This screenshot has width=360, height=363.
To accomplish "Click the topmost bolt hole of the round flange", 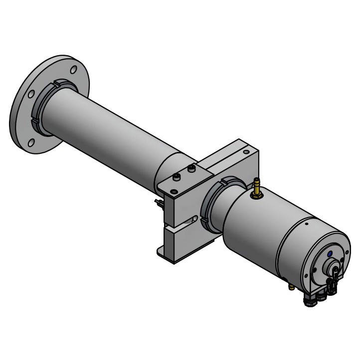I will (73, 70).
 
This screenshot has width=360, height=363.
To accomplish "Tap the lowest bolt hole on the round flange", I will (31, 143).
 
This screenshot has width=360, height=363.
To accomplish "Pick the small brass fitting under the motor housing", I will (291, 287).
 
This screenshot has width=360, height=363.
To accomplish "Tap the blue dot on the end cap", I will (329, 254).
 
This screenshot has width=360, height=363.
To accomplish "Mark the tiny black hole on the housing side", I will (306, 224).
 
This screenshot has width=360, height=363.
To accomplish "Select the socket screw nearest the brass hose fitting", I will (191, 170).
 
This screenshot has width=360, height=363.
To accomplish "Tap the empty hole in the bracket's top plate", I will (174, 192).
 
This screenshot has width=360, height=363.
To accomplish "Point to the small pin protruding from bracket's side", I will (158, 202).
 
